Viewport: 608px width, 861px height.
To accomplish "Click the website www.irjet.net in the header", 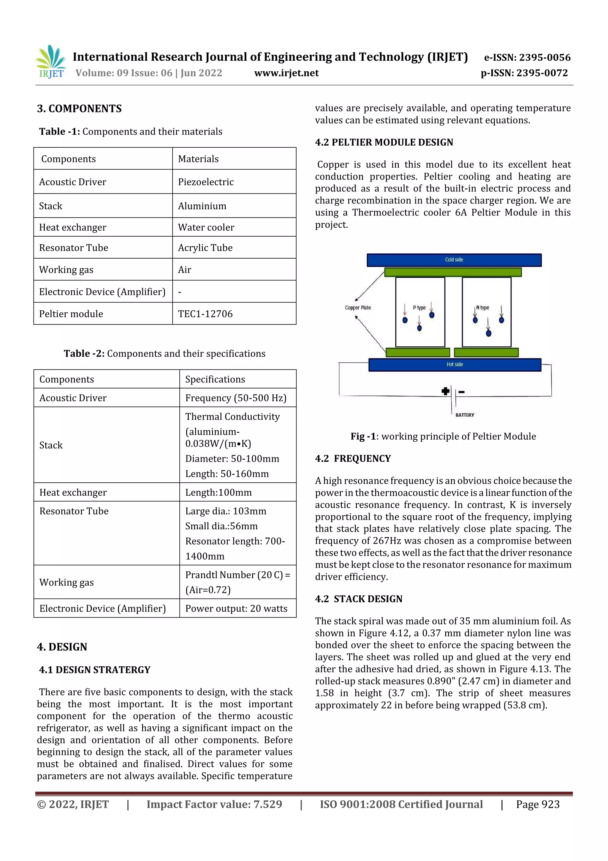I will point(286,73).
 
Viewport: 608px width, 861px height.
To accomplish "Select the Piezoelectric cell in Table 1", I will point(206,182).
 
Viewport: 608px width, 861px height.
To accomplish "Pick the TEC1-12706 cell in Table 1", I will point(205,314).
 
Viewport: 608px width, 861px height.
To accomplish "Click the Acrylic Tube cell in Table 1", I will point(205,248).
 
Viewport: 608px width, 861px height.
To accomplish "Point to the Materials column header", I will point(198,159).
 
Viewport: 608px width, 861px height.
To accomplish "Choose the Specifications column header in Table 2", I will point(215,380).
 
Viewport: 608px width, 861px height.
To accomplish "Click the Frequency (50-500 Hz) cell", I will point(236,398).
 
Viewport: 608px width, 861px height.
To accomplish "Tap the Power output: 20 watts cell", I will point(236,609).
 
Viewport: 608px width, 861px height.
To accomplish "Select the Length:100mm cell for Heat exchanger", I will point(218,492).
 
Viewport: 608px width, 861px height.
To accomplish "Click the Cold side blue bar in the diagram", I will point(454,260).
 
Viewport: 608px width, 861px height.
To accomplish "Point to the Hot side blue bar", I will point(455,364).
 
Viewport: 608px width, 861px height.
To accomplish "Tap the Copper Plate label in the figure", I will point(358,308).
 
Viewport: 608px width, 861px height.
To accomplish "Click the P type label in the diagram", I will point(419,308).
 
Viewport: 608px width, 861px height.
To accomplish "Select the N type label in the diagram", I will point(483,308).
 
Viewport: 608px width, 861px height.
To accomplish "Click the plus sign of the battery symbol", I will point(445,391).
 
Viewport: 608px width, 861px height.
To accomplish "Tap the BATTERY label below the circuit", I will point(465,415).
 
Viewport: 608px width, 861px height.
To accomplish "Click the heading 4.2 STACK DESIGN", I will point(359,599).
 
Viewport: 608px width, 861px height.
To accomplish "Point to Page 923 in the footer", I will point(538,804).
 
